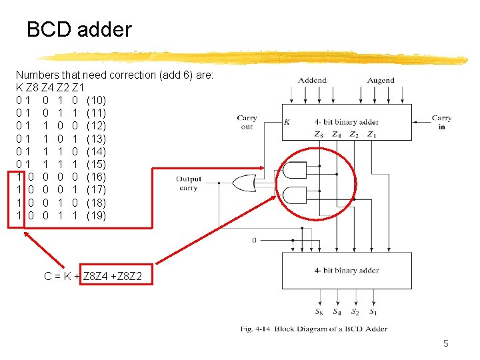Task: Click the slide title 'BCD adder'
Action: [x=79, y=29]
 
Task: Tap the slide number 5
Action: [x=446, y=343]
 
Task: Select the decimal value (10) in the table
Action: [x=96, y=100]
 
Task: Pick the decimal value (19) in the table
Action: [x=96, y=215]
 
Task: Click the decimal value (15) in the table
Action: [x=96, y=164]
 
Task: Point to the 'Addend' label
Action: [x=312, y=80]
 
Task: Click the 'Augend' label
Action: [x=381, y=80]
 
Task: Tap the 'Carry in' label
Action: [x=441, y=122]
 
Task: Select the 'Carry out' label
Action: [x=247, y=122]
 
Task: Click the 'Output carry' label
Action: [x=189, y=183]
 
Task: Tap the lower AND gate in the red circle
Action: [x=294, y=195]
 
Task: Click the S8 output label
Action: [x=319, y=311]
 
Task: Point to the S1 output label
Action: [x=373, y=311]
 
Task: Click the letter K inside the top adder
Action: [x=287, y=122]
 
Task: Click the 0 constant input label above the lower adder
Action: [x=254, y=239]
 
